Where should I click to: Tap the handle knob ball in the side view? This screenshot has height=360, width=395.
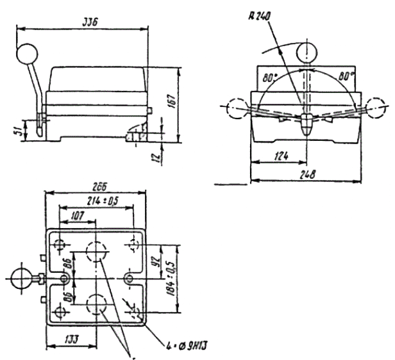coord(28,53)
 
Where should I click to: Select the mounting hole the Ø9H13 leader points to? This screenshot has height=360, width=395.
coord(137,312)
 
